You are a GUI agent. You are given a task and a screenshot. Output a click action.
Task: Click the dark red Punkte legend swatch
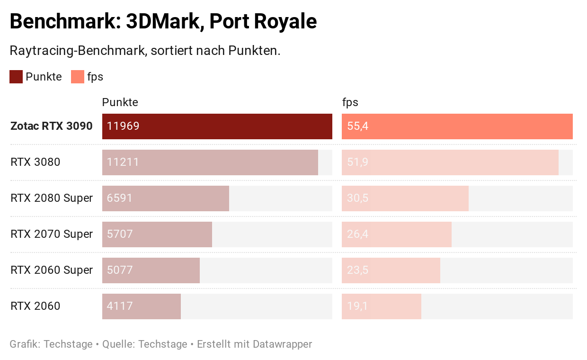[16, 77]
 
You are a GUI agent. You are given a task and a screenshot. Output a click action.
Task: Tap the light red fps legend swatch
[78, 77]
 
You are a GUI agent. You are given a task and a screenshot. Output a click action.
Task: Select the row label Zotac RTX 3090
[52, 126]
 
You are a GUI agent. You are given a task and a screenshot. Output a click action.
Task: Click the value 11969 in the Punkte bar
[123, 126]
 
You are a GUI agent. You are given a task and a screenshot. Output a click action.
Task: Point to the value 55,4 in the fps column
[358, 126]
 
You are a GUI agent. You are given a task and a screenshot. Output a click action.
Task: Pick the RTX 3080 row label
[36, 162]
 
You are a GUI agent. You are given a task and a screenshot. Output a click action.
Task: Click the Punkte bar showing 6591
[166, 198]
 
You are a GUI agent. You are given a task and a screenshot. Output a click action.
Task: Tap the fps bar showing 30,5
[405, 198]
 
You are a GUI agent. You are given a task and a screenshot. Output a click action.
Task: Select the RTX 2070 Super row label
[52, 234]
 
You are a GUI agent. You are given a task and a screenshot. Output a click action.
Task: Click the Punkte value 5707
[120, 234]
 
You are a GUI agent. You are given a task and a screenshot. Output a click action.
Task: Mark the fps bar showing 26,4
[397, 234]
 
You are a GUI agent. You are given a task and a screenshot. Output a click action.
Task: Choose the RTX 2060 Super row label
[52, 270]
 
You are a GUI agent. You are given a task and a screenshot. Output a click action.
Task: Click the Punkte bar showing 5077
[151, 270]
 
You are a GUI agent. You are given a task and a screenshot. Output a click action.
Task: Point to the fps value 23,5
[358, 270]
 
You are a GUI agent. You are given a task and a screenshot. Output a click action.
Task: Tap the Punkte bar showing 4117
[142, 306]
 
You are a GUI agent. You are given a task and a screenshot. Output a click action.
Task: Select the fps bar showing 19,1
[382, 306]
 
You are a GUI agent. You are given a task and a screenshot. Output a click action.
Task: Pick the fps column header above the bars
[350, 102]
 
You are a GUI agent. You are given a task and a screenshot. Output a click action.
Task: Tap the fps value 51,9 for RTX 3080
[358, 162]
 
